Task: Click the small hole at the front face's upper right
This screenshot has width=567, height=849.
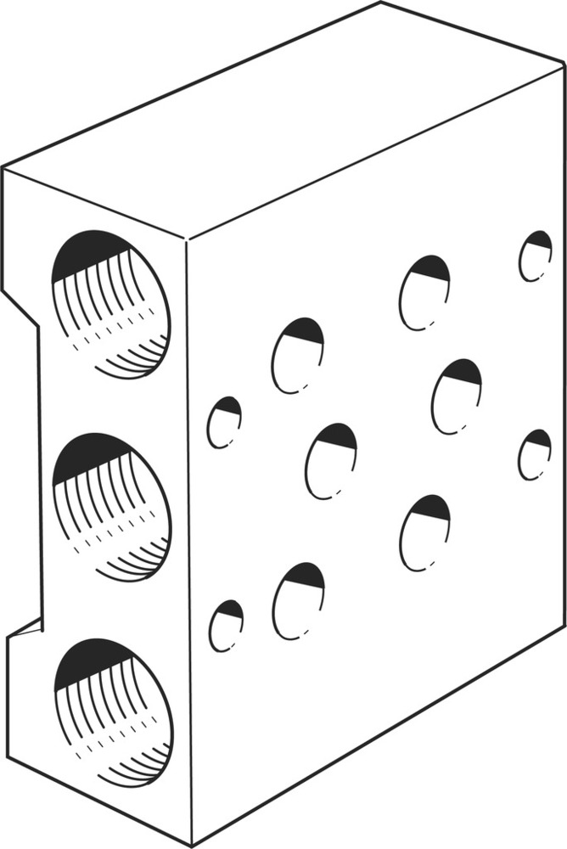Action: pyautogui.click(x=535, y=256)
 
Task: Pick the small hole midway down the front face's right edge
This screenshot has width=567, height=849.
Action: pyautogui.click(x=534, y=454)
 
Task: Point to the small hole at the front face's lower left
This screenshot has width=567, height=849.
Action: pyautogui.click(x=226, y=626)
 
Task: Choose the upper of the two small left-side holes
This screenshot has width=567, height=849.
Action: pyautogui.click(x=224, y=422)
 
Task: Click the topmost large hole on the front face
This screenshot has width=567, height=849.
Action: pyautogui.click(x=424, y=292)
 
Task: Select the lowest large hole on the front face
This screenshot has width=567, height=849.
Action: pyautogui.click(x=298, y=601)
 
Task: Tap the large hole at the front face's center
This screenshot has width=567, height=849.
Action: pyautogui.click(x=331, y=460)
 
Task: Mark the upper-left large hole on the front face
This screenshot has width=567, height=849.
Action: pyautogui.click(x=298, y=355)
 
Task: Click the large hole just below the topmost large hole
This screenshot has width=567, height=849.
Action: pyautogui.click(x=456, y=396)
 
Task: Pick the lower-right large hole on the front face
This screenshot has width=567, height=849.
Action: pyautogui.click(x=424, y=532)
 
